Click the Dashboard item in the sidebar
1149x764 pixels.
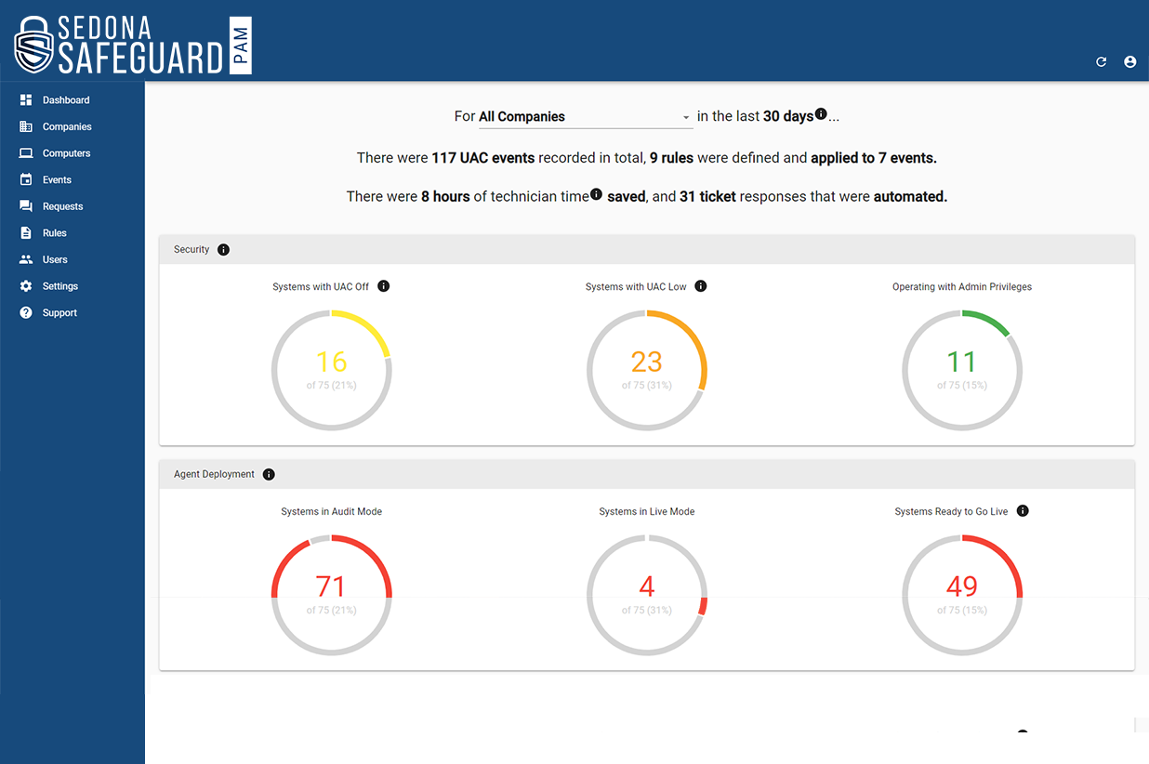[x=65, y=100]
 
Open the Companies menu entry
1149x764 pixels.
[x=66, y=126]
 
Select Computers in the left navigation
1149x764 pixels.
[x=66, y=153]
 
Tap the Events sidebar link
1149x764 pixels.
[x=57, y=180]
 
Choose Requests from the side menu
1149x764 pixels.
[x=62, y=206]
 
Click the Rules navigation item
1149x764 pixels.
[x=54, y=233]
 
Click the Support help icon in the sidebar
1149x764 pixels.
[x=26, y=313]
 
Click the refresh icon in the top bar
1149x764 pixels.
[x=1102, y=62]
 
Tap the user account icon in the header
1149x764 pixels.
[x=1130, y=62]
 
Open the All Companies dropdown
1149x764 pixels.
[x=584, y=117]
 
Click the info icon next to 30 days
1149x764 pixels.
[x=821, y=114]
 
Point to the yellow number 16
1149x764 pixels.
[x=331, y=362]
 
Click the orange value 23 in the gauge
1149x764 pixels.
[x=647, y=362]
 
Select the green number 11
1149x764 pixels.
[x=961, y=362]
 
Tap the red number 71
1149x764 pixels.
[x=331, y=586]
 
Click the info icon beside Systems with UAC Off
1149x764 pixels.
[x=384, y=286]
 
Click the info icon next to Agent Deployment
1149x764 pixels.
[x=269, y=474]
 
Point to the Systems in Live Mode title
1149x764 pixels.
[x=647, y=512]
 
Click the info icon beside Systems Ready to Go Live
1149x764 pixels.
[x=1023, y=511]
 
